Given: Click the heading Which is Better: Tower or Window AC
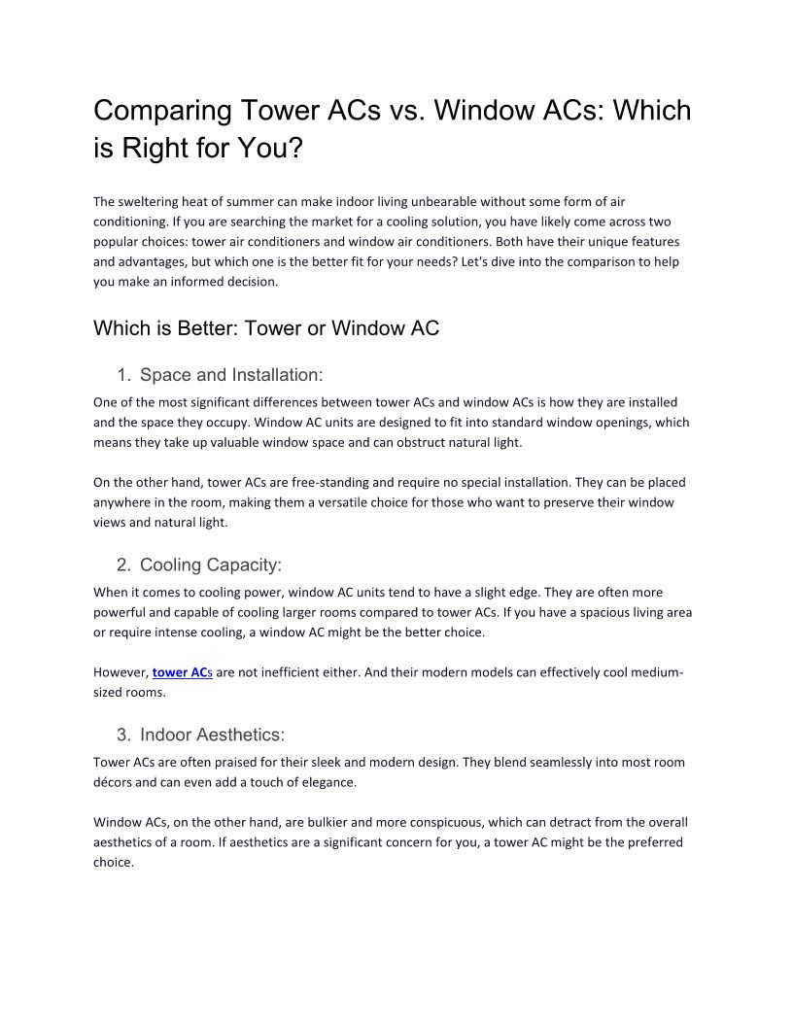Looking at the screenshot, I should [x=266, y=328].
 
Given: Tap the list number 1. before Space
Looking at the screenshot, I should [x=123, y=375].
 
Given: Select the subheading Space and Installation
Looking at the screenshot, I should [x=231, y=375].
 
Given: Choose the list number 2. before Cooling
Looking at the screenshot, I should [x=123, y=565].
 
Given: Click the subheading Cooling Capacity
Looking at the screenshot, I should [x=210, y=565].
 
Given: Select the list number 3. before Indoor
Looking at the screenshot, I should [x=123, y=735].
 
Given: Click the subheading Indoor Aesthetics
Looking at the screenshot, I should [x=212, y=735].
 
